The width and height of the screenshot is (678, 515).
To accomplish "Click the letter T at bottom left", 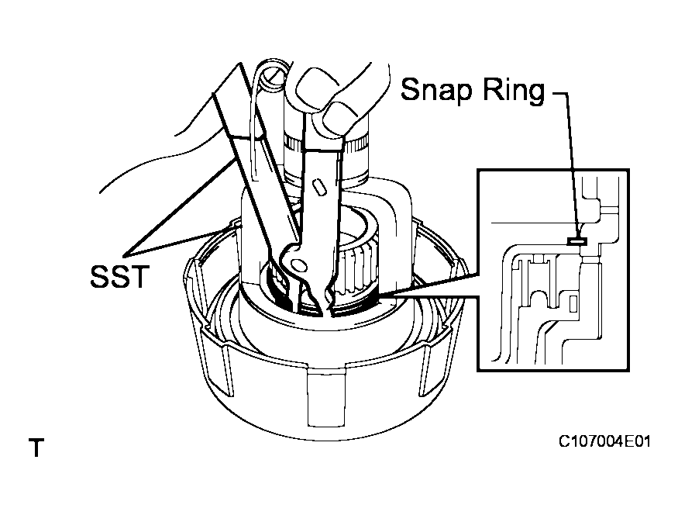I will (x=36, y=448).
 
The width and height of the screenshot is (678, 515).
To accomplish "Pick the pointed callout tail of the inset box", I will (x=387, y=295).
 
